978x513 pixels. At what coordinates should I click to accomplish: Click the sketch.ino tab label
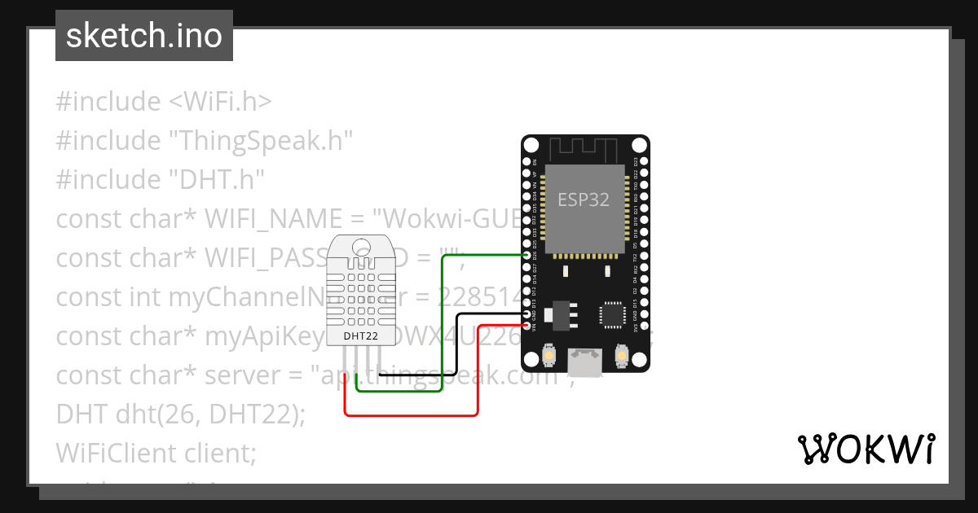144,36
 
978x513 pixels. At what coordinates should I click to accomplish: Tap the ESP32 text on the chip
584,199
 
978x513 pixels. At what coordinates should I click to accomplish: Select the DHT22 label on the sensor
359,335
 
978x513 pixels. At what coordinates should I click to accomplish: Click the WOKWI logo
866,449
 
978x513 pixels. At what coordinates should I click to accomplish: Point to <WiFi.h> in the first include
220,102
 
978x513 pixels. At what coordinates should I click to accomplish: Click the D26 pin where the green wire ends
526,255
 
